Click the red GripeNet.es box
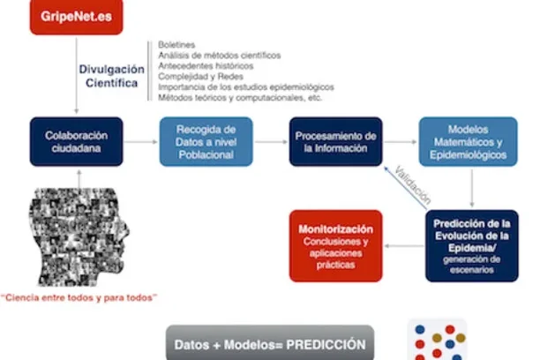[75, 16]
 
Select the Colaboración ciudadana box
[77, 142]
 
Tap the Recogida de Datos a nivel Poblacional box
[206, 142]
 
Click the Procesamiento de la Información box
[335, 142]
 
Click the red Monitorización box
[335, 245]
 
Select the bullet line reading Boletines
[177, 44]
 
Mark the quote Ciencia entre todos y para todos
[79, 298]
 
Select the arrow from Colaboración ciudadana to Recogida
[141, 142]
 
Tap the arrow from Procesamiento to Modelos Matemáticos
[401, 142]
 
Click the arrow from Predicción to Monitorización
[404, 246]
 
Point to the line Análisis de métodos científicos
[220, 55]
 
